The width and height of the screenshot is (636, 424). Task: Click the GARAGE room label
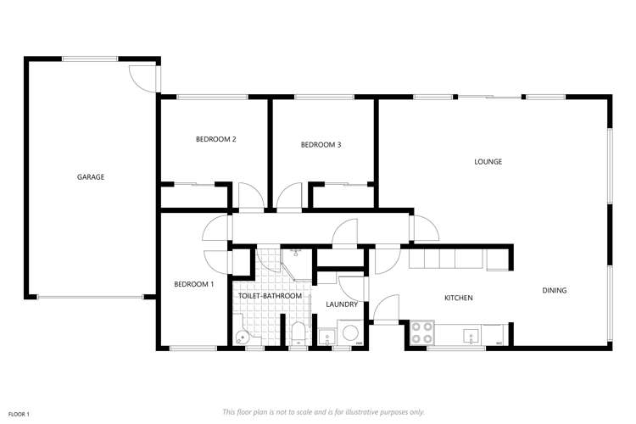click(x=90, y=177)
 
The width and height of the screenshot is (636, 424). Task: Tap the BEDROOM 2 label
click(x=215, y=139)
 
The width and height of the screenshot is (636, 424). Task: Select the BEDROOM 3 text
click(x=321, y=145)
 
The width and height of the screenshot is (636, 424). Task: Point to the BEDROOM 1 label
click(x=193, y=284)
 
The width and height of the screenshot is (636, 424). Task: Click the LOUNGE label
click(x=488, y=161)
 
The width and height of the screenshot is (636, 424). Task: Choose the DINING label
click(x=555, y=291)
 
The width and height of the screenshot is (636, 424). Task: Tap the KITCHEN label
click(x=458, y=298)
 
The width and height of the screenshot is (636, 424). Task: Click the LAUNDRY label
click(x=342, y=304)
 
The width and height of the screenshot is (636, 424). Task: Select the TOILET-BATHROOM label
click(x=270, y=296)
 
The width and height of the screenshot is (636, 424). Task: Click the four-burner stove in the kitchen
click(x=421, y=332)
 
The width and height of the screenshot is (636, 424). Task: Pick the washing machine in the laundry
click(x=349, y=332)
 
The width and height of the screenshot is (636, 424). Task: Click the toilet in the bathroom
click(x=298, y=333)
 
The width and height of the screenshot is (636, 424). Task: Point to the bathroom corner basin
click(x=243, y=336)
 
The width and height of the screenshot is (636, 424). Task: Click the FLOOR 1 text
click(x=18, y=414)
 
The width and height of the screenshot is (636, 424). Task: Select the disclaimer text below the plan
click(x=323, y=411)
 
